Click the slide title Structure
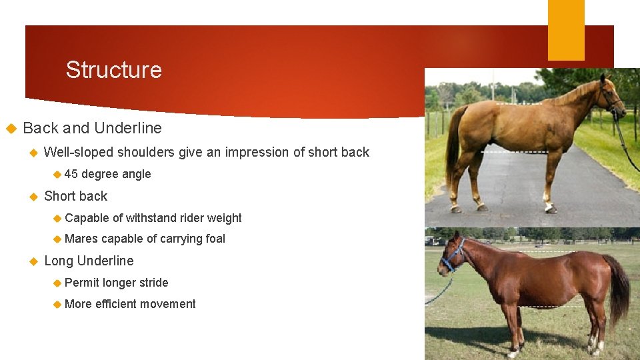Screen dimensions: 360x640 click(x=113, y=70)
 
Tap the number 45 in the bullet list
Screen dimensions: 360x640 click(x=71, y=174)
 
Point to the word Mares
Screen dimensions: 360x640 click(x=81, y=239)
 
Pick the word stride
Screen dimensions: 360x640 click(x=153, y=283)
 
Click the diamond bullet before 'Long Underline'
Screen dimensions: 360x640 click(x=33, y=261)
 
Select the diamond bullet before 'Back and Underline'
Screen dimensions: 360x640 click(x=11, y=128)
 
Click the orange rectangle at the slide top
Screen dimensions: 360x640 click(x=566, y=30)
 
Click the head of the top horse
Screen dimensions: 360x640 click(x=610, y=97)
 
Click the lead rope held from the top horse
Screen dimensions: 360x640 click(x=627, y=143)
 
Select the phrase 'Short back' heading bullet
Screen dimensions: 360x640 click(x=75, y=196)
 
